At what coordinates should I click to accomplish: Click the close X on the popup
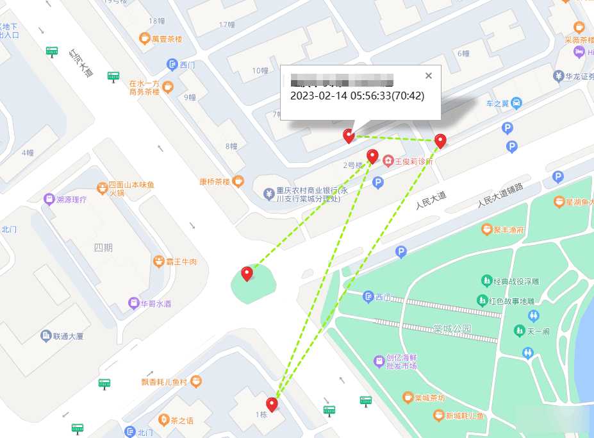(429, 76)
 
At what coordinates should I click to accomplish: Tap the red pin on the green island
(247, 274)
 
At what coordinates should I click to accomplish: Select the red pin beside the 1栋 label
(272, 404)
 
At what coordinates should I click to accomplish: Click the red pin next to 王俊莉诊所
(372, 156)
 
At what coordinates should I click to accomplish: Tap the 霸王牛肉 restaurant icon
(158, 261)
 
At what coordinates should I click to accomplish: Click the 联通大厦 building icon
(45, 335)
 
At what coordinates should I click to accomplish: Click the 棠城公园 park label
(452, 329)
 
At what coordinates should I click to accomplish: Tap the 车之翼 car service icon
(516, 103)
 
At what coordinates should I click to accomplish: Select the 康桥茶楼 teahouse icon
(238, 181)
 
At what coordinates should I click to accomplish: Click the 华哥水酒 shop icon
(133, 303)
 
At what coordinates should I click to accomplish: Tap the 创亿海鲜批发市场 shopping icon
(379, 361)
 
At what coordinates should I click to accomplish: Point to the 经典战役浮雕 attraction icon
(485, 281)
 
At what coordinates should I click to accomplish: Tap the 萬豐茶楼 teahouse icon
(144, 38)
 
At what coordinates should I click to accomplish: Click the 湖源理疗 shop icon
(49, 199)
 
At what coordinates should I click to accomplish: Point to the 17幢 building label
(227, 24)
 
